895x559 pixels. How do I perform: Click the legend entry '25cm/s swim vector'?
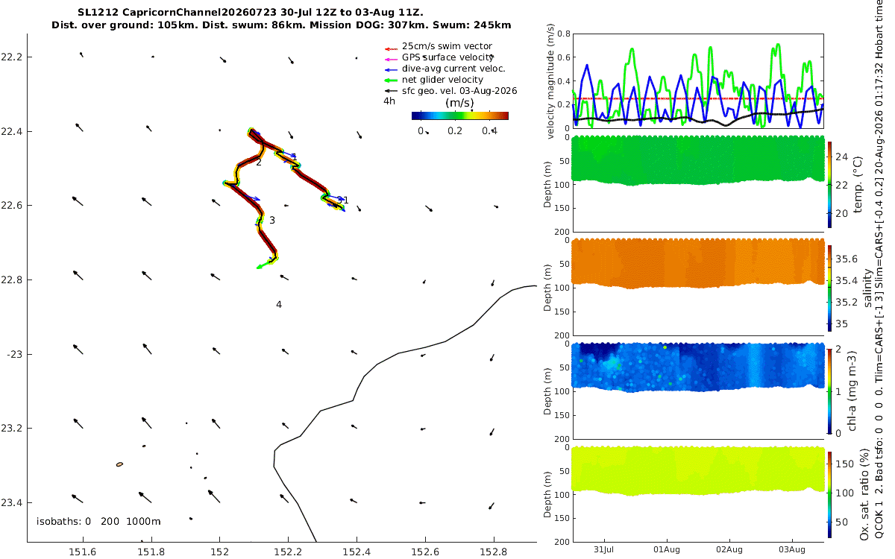[447, 46]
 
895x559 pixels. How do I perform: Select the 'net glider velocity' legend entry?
[442, 80]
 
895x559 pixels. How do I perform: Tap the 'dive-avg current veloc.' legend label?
[453, 69]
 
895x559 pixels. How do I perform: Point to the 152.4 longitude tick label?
[357, 552]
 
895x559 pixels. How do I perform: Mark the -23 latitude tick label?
[13, 355]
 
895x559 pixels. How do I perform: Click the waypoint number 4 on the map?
[279, 305]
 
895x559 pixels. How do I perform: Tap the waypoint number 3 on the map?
[272, 220]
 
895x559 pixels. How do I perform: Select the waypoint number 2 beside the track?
[259, 162]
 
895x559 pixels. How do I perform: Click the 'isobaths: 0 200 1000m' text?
[98, 522]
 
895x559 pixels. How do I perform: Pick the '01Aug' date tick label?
[667, 550]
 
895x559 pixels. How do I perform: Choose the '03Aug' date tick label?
[792, 550]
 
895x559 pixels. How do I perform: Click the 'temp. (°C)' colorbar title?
[858, 185]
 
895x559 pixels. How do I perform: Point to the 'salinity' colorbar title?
[867, 288]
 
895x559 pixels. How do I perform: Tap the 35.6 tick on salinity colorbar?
[847, 259]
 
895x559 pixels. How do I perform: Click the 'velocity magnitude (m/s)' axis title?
[550, 81]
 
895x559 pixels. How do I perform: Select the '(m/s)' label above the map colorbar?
[459, 103]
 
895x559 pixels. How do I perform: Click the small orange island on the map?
[119, 464]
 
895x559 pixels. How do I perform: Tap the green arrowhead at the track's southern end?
[260, 266]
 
